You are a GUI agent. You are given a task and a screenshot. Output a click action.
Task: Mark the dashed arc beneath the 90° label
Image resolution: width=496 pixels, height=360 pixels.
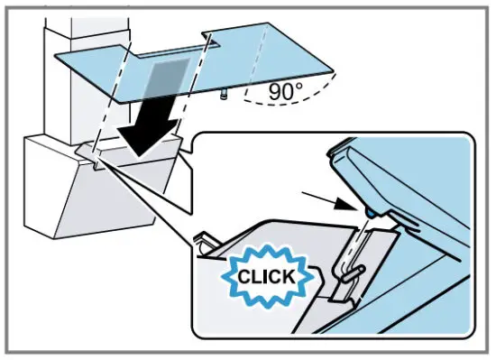(271, 113)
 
